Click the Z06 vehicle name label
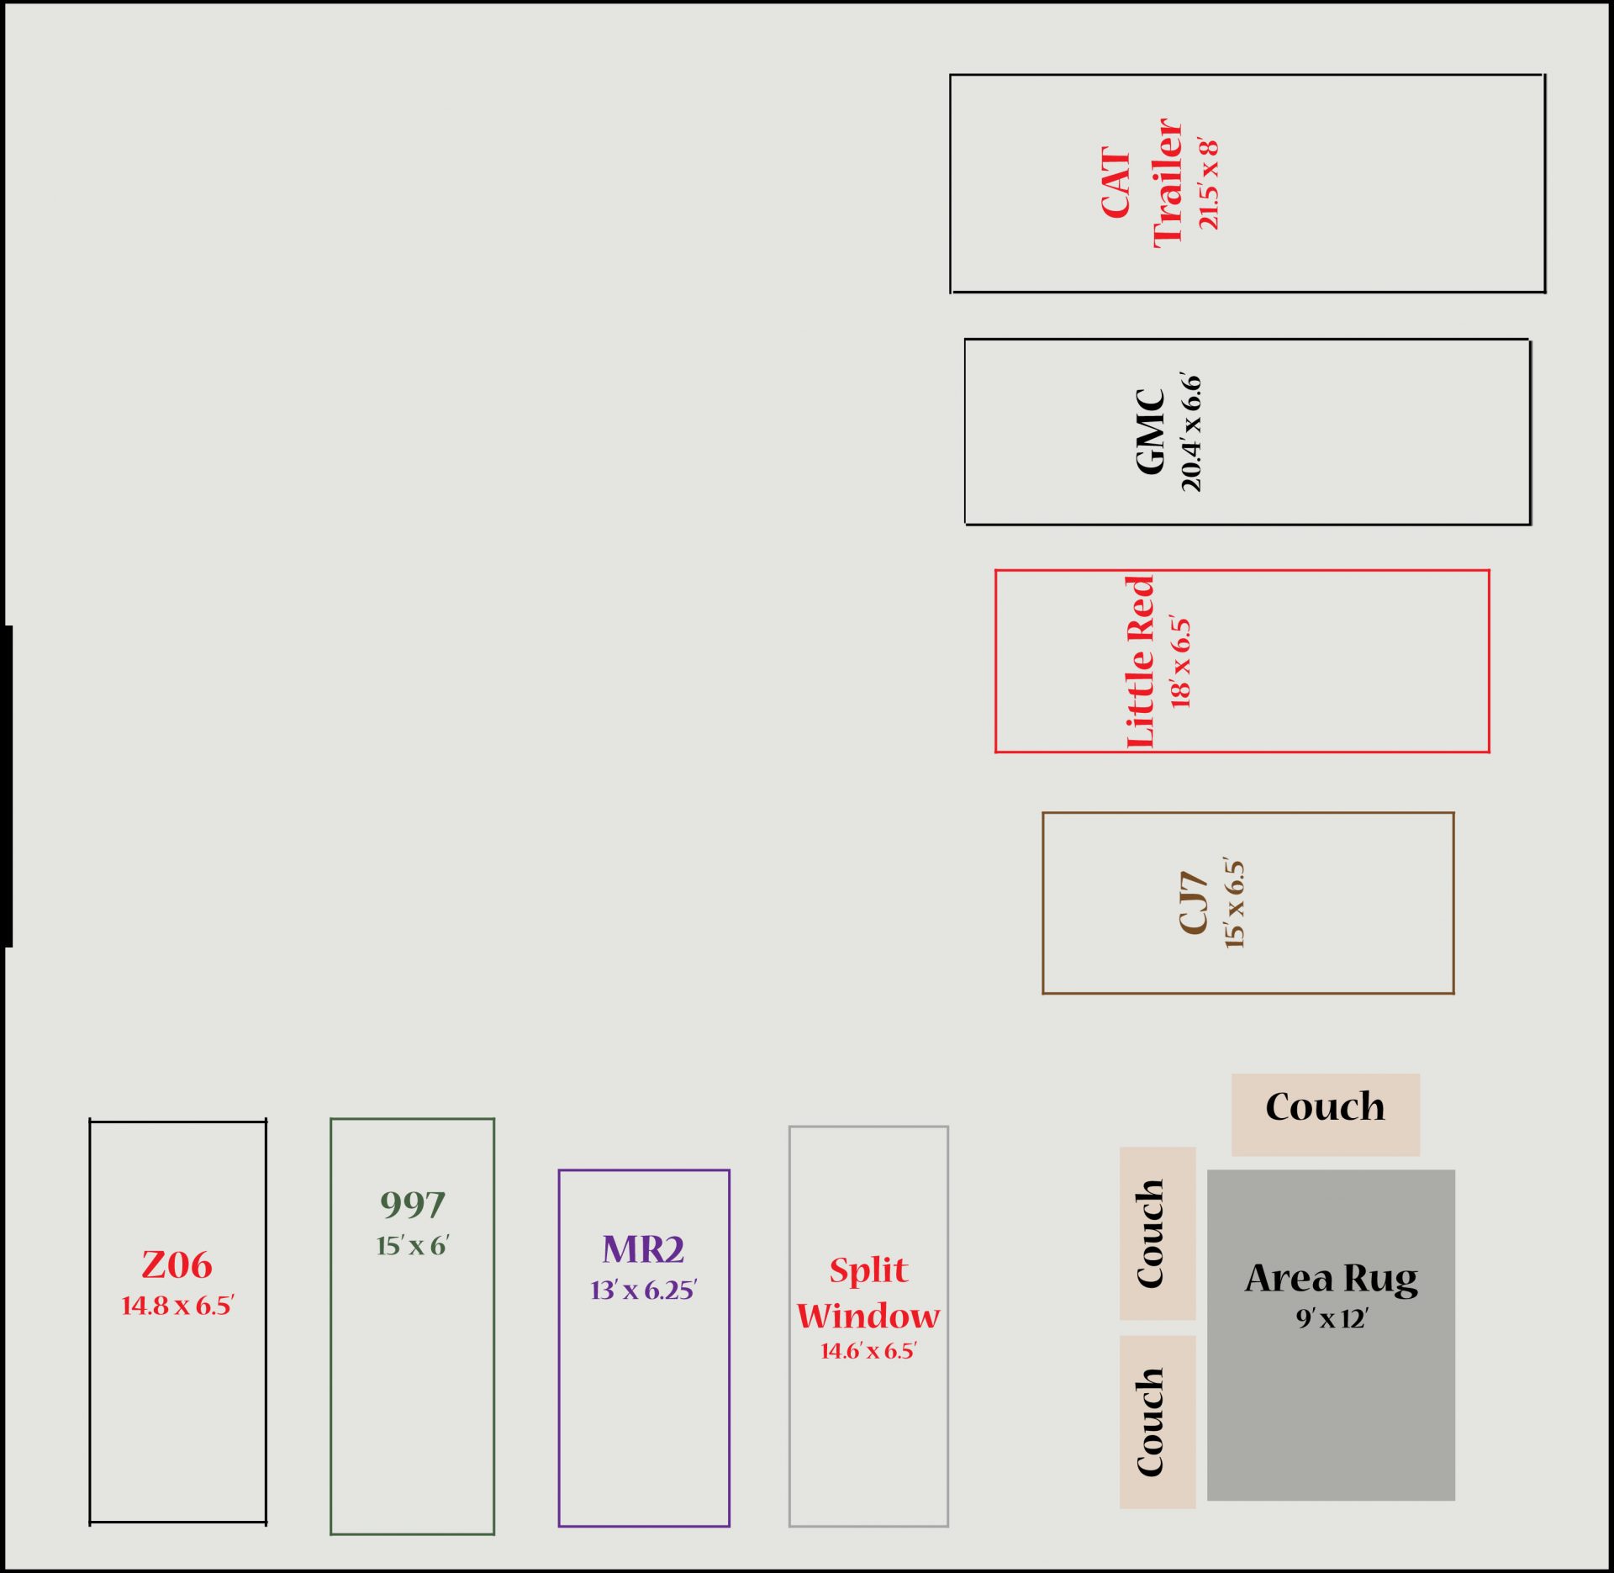coord(177,1264)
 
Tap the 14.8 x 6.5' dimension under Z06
coord(177,1305)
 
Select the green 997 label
coord(412,1205)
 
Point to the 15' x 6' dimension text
coord(413,1245)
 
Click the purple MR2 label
coord(643,1249)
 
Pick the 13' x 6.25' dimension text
coord(643,1290)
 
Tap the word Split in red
coord(868,1269)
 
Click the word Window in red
coord(868,1316)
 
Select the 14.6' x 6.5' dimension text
coord(868,1350)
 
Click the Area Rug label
coord(1332,1280)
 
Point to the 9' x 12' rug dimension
coord(1332,1317)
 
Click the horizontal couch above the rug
coord(1326,1114)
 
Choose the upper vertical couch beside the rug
coord(1158,1233)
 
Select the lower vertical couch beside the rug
coord(1158,1422)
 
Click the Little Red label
coord(1140,662)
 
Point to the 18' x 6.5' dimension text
coord(1180,662)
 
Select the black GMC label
coord(1150,431)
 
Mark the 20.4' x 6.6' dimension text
coord(1191,431)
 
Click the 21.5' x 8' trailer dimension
coord(1208,183)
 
